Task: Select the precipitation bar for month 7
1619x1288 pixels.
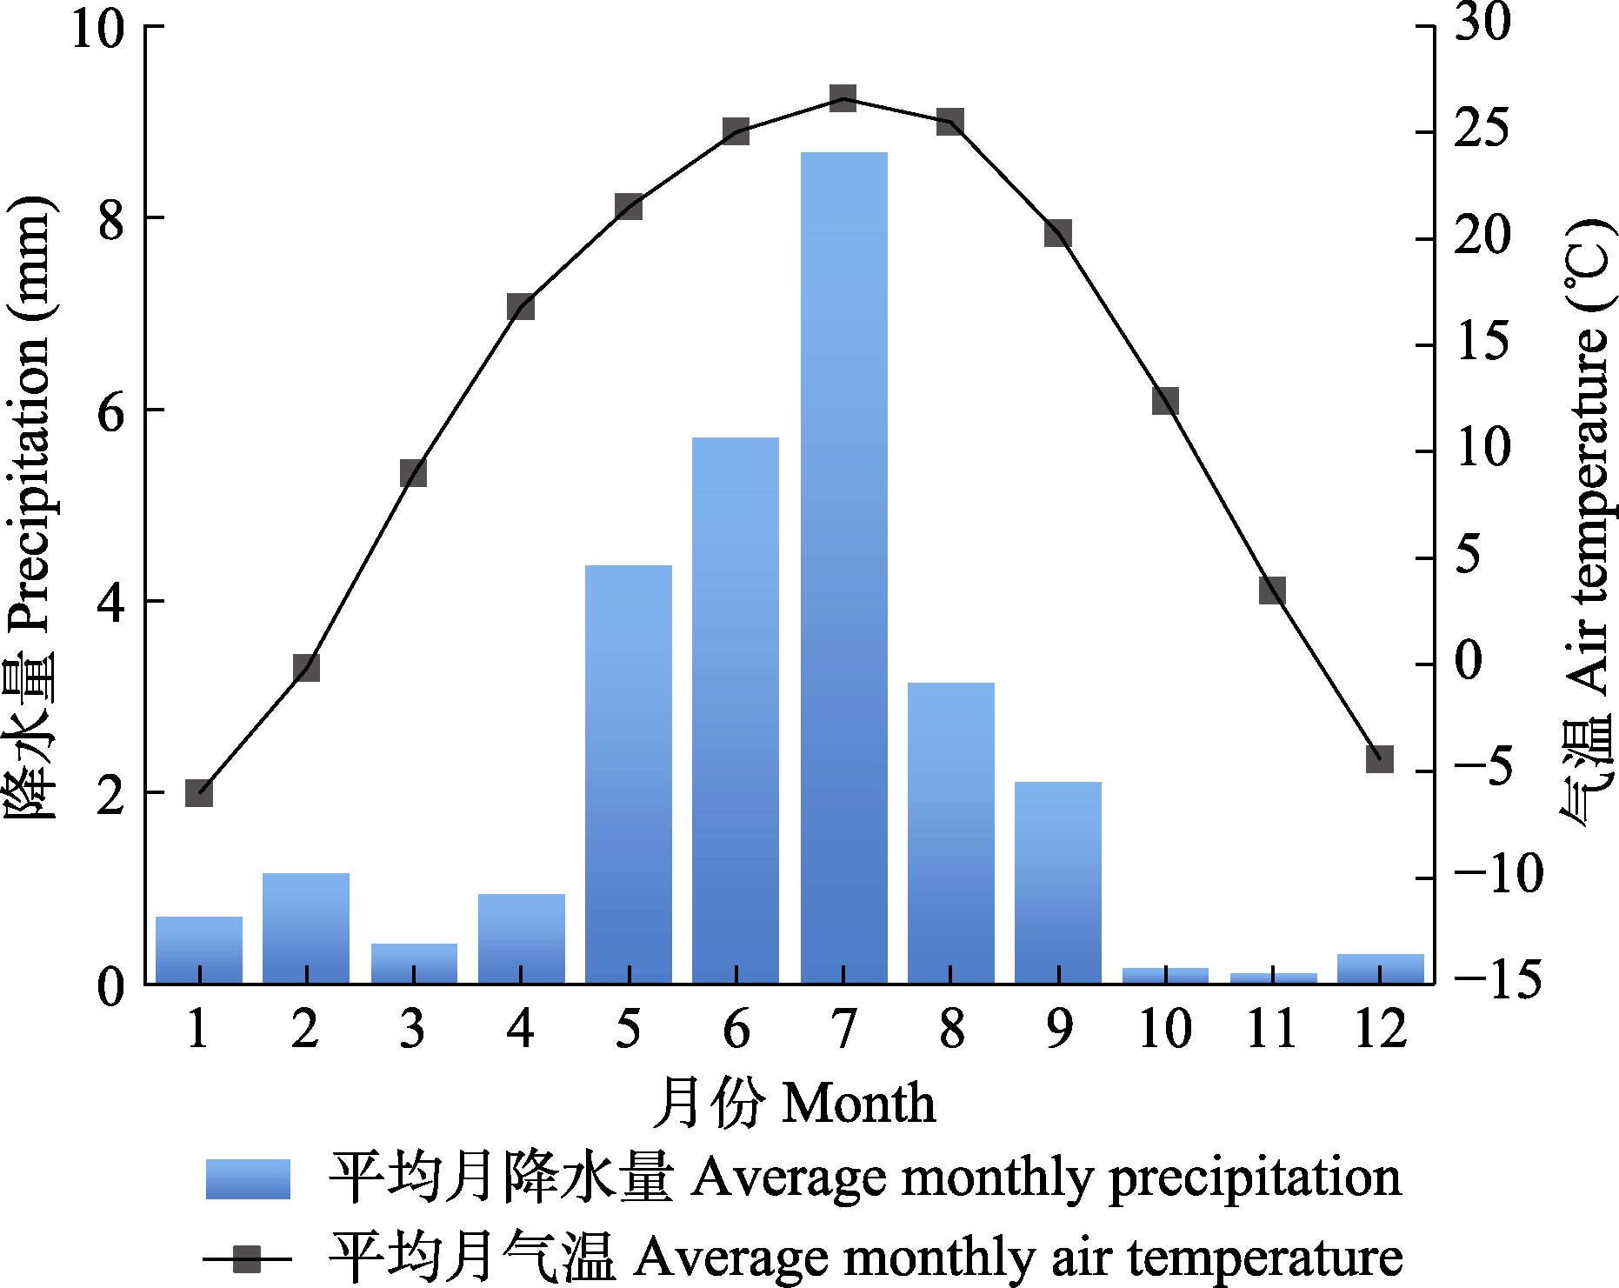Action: [x=843, y=565]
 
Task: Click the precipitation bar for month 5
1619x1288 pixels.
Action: [x=628, y=774]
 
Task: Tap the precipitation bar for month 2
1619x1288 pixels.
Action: [x=306, y=928]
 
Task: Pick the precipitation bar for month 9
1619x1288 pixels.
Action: [x=1057, y=883]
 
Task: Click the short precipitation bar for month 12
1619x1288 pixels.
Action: [x=1380, y=969]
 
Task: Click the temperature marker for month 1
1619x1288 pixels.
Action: [x=199, y=793]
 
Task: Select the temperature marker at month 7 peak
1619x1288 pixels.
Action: [x=843, y=98]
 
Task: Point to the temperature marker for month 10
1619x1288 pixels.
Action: [x=1165, y=401]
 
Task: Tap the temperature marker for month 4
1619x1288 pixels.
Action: [x=520, y=307]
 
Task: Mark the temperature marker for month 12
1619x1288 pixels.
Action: [x=1380, y=758]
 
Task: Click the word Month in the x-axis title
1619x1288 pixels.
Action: [x=859, y=1104]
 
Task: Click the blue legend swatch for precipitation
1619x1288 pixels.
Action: [x=248, y=1179]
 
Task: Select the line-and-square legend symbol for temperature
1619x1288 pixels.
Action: [x=248, y=1258]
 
